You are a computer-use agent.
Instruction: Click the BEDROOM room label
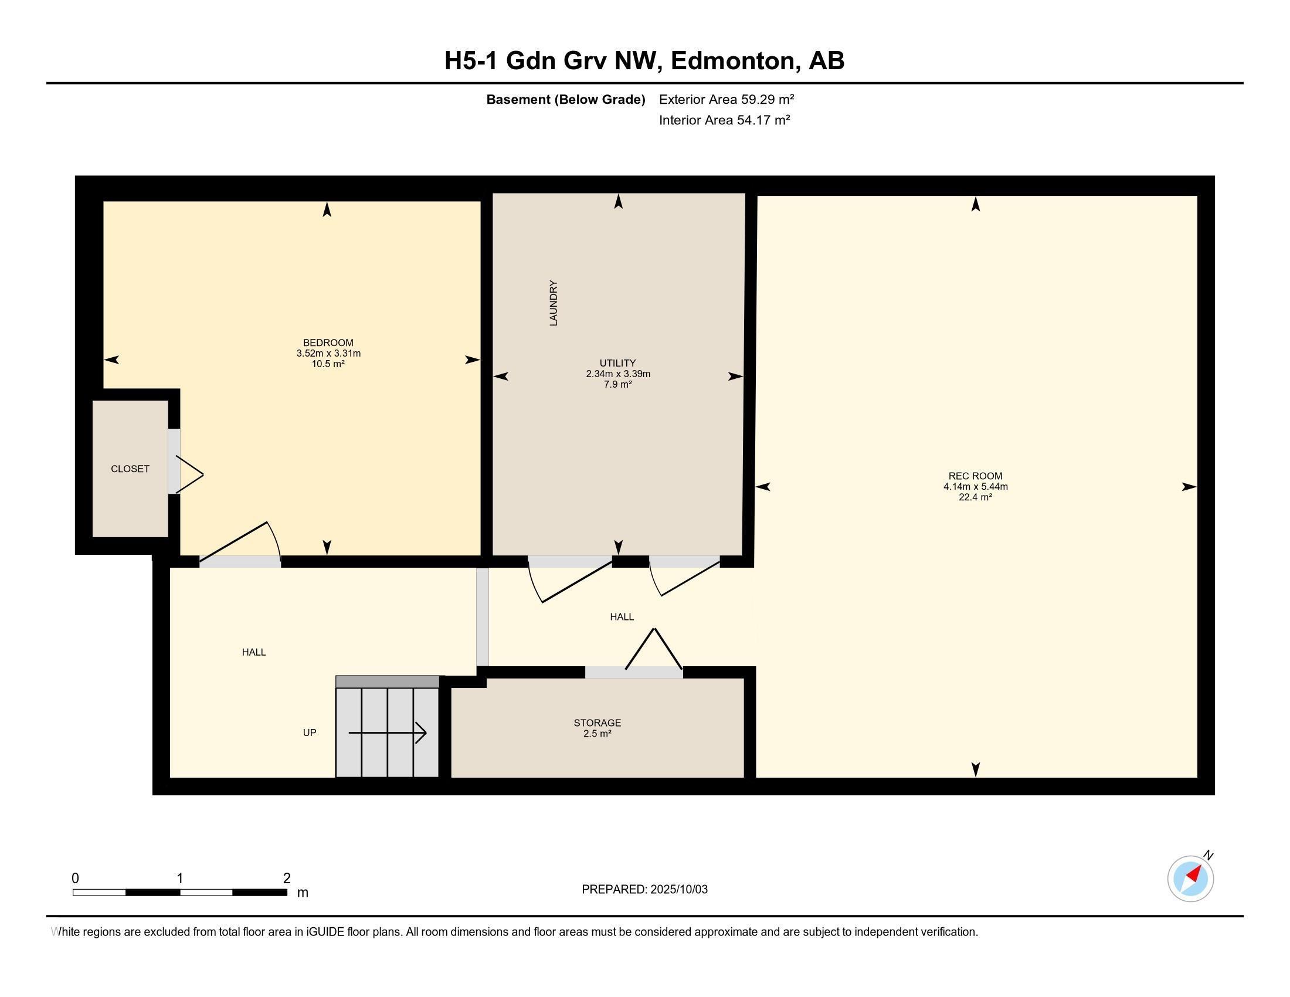click(328, 342)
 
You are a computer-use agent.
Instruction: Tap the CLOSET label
click(130, 469)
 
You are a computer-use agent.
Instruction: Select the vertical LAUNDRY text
click(554, 303)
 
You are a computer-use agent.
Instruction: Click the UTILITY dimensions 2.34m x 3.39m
click(618, 374)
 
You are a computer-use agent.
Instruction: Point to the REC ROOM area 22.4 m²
click(975, 497)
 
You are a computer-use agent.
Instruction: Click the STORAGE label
click(597, 723)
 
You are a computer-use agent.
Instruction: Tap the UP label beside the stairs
click(310, 733)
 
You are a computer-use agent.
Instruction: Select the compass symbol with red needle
click(1190, 878)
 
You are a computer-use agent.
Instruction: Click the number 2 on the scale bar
click(287, 879)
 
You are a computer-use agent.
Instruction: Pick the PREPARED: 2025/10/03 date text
click(644, 890)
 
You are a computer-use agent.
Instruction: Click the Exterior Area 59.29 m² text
click(726, 99)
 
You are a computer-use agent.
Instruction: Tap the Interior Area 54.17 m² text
click(724, 120)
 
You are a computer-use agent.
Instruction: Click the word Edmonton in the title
click(732, 61)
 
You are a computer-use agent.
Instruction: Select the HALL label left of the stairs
click(254, 652)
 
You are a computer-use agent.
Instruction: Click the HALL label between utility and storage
click(622, 616)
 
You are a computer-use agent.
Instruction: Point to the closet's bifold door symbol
click(189, 474)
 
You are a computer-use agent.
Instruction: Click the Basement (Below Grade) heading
click(565, 100)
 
